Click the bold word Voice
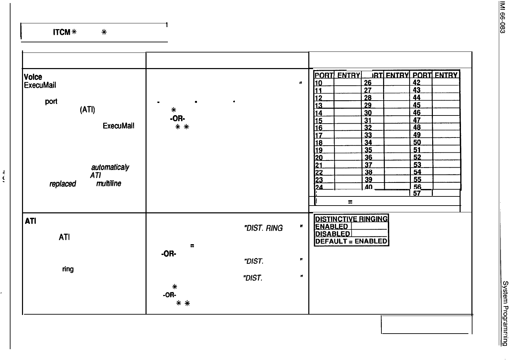coord(33,78)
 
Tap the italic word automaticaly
coord(109,167)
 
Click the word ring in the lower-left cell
coord(68,270)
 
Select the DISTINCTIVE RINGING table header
coord(352,219)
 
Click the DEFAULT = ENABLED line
coord(351,241)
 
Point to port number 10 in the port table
coord(318,83)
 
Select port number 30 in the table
coord(368,113)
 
